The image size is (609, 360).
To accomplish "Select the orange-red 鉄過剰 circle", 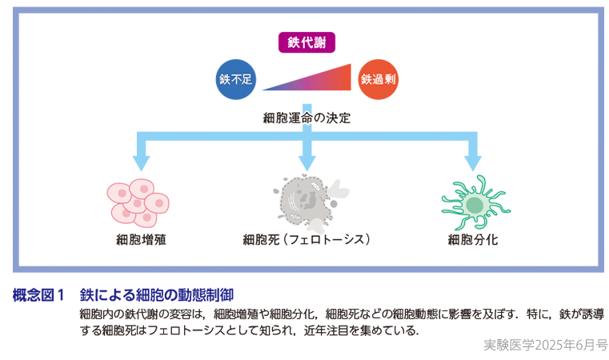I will [x=379, y=79].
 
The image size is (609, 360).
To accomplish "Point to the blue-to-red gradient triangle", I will [x=320, y=81].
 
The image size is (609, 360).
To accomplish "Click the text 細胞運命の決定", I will [x=307, y=118].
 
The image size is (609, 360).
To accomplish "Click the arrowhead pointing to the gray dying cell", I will [x=307, y=161].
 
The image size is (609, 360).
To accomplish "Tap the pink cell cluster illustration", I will [x=138, y=200].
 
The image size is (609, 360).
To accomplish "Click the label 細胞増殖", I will [x=141, y=239].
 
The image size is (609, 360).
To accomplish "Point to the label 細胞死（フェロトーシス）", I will [x=307, y=239].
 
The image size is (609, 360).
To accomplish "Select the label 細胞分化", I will [x=473, y=239].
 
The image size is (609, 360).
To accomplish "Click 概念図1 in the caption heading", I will [x=38, y=295].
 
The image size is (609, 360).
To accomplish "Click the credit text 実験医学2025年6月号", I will [x=545, y=346].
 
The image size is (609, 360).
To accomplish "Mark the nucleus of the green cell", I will [x=474, y=206].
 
